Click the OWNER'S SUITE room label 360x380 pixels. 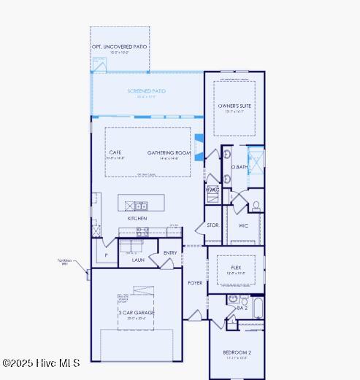click(234, 106)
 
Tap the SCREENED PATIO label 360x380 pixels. click(146, 91)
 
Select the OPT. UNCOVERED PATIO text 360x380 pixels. click(119, 47)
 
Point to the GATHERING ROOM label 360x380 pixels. click(169, 152)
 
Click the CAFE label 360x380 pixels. click(115, 152)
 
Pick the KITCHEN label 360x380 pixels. click(137, 218)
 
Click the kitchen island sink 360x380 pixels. click(139, 206)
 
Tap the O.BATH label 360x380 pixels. click(240, 167)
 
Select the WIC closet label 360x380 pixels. click(243, 225)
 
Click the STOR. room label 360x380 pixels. click(212, 225)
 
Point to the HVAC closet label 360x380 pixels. click(212, 190)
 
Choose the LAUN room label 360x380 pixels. click(138, 259)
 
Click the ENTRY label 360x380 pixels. click(170, 253)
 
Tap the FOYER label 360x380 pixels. click(195, 282)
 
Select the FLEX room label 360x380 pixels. click(236, 268)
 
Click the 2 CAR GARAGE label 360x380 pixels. click(137, 313)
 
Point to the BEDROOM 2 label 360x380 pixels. click(237, 353)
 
